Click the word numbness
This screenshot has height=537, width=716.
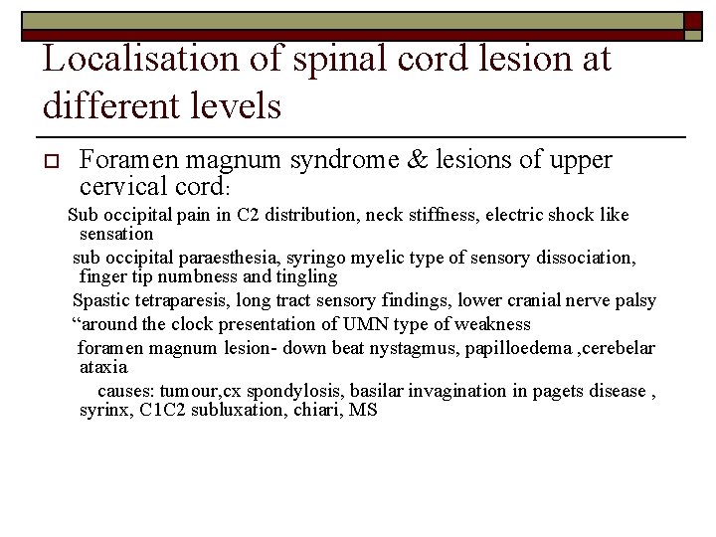coord(198,276)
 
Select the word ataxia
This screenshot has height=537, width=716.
coord(103,366)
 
